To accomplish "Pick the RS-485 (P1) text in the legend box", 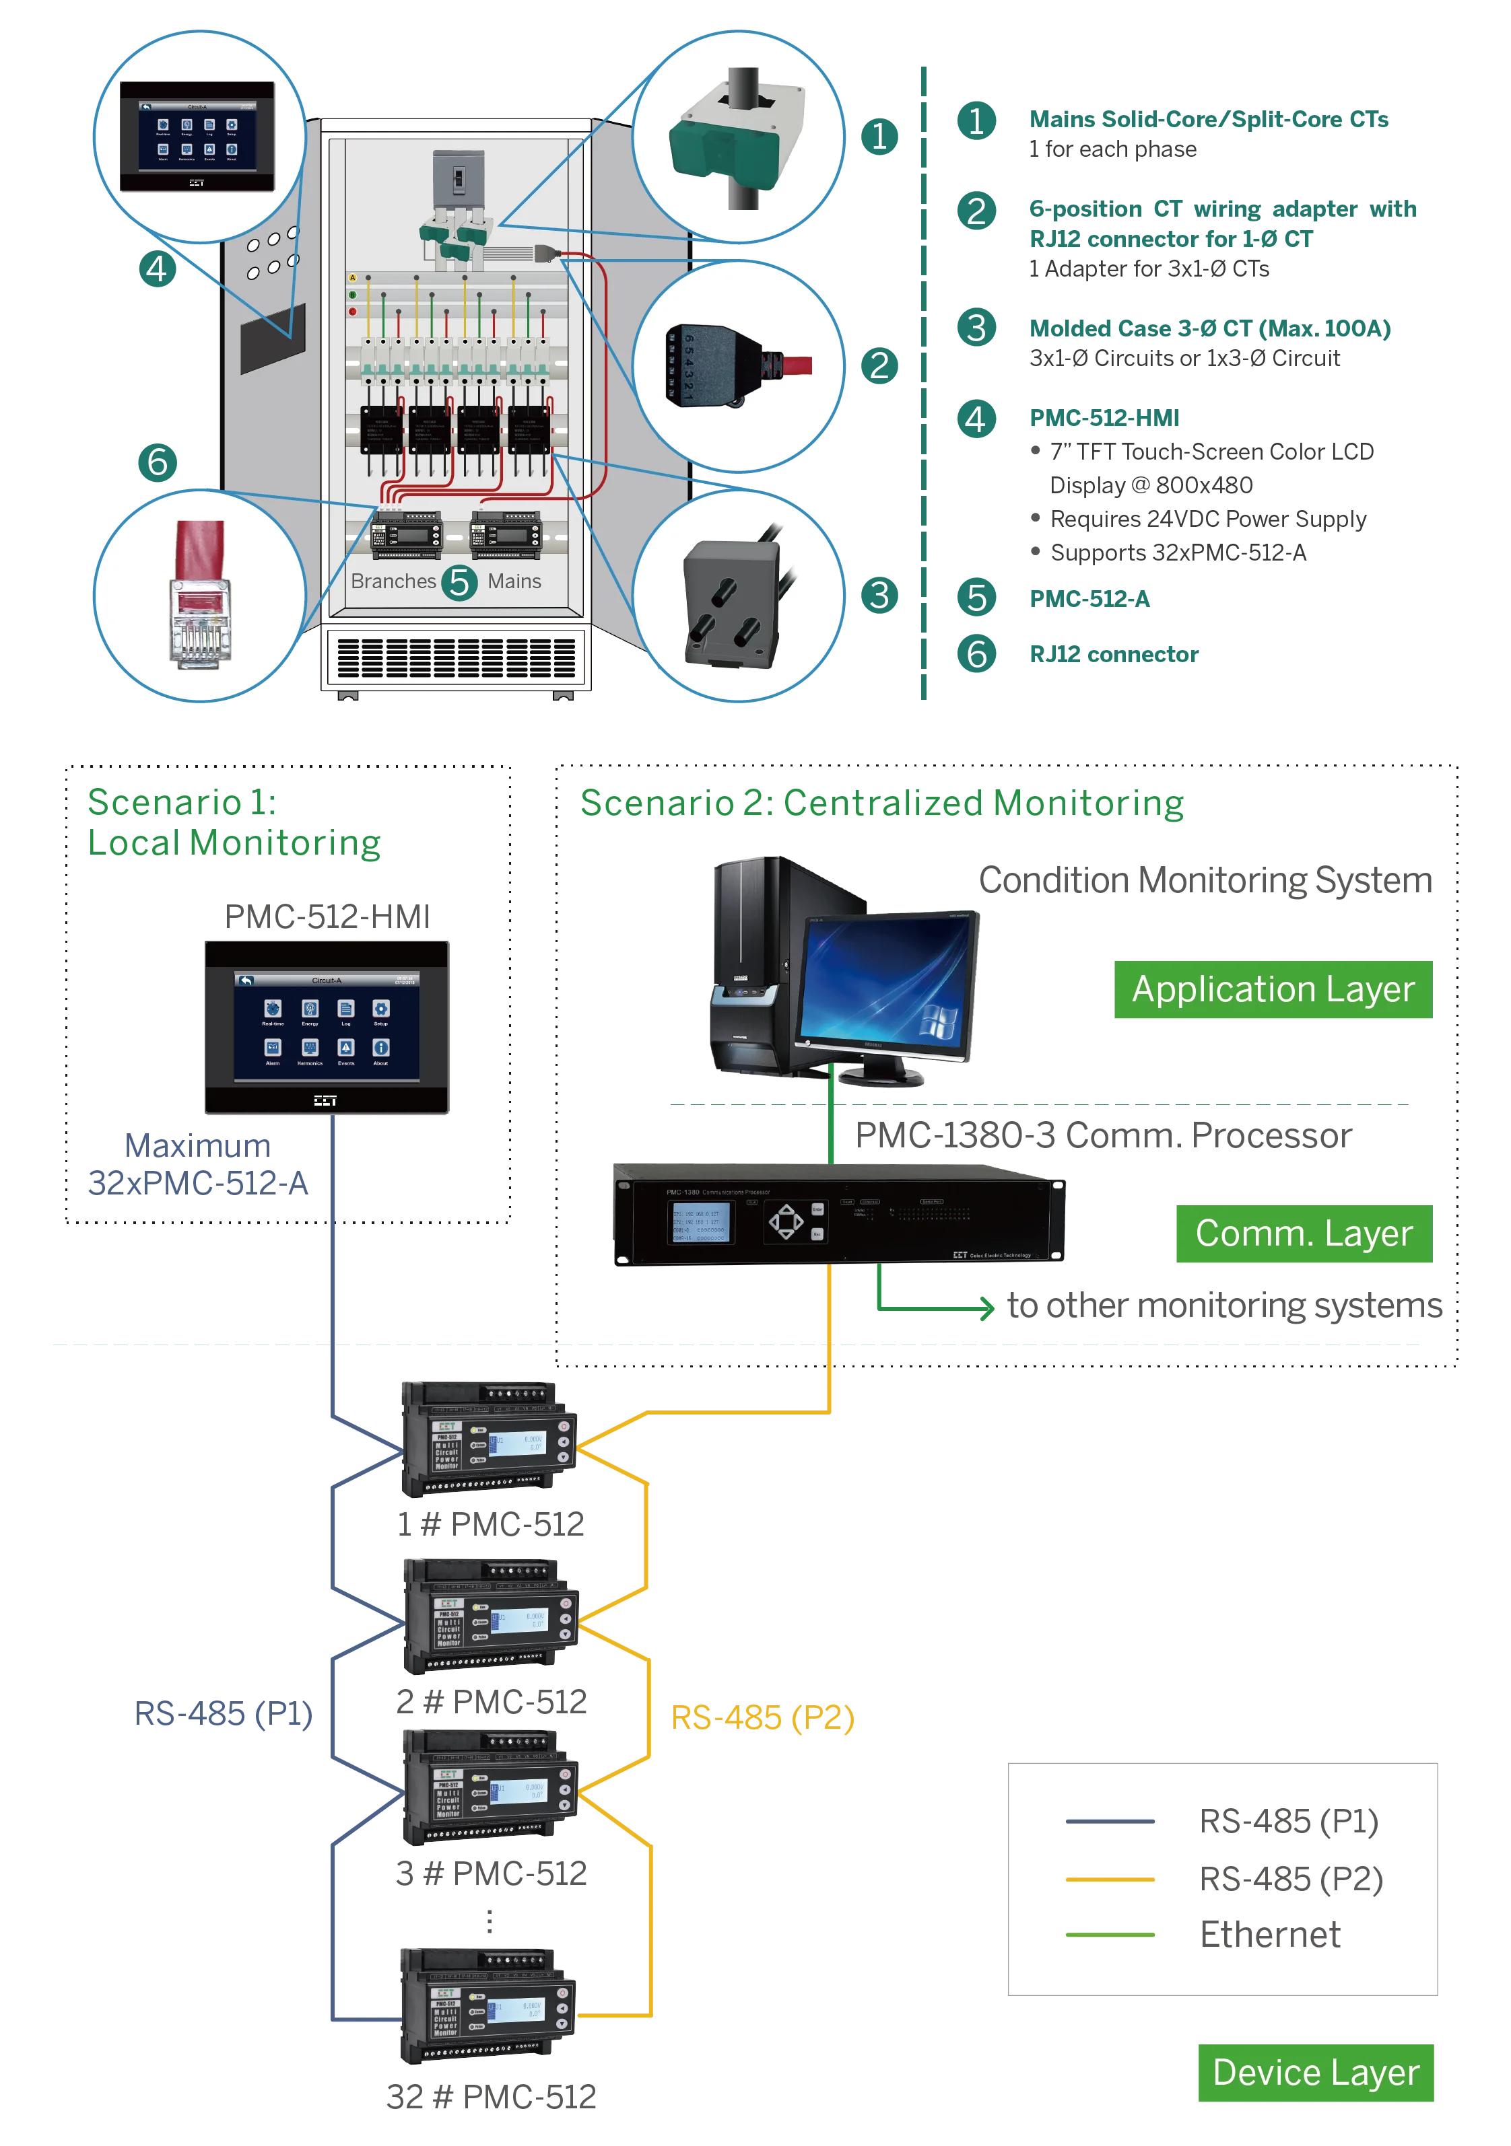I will coord(1289,1822).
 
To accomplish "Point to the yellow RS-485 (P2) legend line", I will coord(1110,1879).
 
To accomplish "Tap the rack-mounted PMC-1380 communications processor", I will coord(837,1215).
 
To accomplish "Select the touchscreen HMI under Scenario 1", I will coord(327,1027).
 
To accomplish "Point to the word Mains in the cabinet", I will coord(514,581).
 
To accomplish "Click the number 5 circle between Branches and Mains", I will coord(459,582).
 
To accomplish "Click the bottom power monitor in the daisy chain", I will coord(486,2005).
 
